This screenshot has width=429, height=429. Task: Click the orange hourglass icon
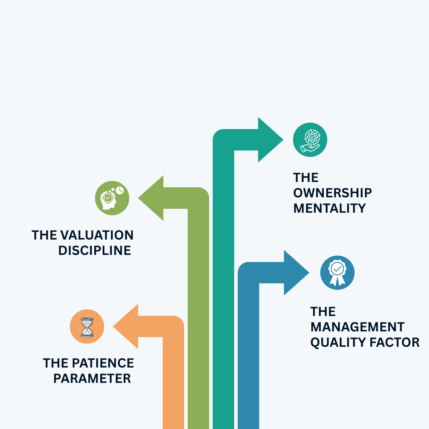pyautogui.click(x=87, y=326)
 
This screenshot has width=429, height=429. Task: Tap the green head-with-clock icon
pyautogui.click(x=112, y=198)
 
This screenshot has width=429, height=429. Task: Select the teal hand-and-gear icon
pyautogui.click(x=310, y=139)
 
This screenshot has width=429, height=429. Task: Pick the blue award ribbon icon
pyautogui.click(x=337, y=272)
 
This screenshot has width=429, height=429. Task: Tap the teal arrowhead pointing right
pyautogui.click(x=270, y=140)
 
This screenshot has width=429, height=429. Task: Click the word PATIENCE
pyautogui.click(x=103, y=363)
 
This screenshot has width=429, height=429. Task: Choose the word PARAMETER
pyautogui.click(x=92, y=379)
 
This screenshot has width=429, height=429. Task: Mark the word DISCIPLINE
pyautogui.click(x=95, y=251)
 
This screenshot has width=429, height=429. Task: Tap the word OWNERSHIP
pyautogui.click(x=332, y=193)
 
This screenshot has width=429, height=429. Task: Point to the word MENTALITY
pyautogui.click(x=330, y=208)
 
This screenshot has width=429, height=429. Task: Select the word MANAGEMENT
pyautogui.click(x=357, y=327)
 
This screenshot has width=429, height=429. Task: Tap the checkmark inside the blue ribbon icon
pyautogui.click(x=337, y=268)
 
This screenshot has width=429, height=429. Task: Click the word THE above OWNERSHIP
pyautogui.click(x=306, y=178)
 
